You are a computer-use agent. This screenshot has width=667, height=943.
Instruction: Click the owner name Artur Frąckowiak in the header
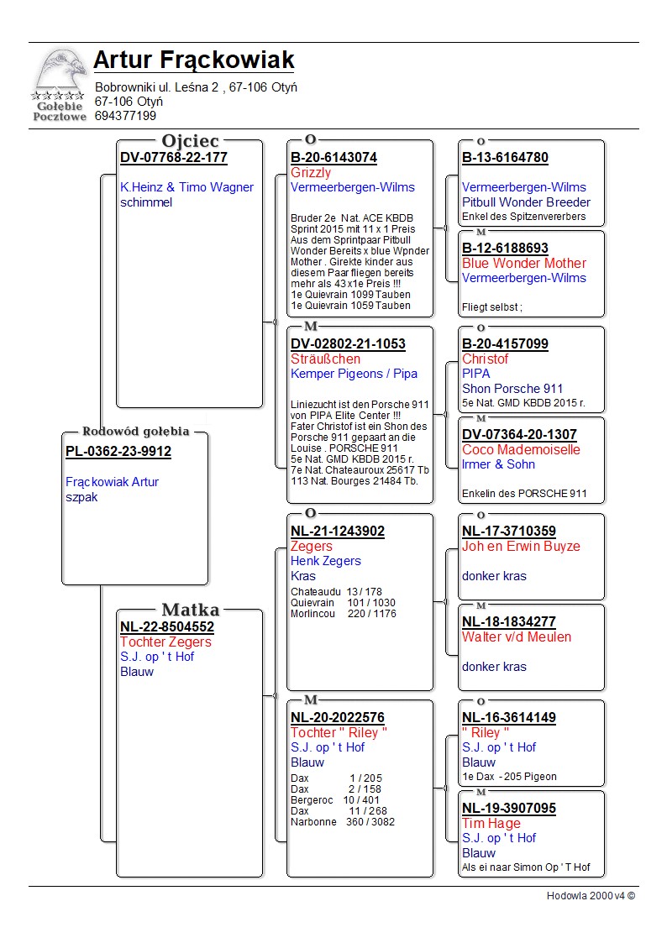pyautogui.click(x=193, y=60)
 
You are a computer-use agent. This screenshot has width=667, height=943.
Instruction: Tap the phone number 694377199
pyautogui.click(x=125, y=116)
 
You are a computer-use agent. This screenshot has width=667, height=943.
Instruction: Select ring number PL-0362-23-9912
pyautogui.click(x=118, y=452)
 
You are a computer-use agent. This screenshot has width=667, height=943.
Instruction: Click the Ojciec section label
pyautogui.click(x=190, y=140)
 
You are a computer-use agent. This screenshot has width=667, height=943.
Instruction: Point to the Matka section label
pyautogui.click(x=190, y=610)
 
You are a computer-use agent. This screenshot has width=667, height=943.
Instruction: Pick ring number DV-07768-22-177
pyautogui.click(x=174, y=158)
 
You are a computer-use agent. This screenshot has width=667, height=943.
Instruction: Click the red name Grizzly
pyautogui.click(x=311, y=173)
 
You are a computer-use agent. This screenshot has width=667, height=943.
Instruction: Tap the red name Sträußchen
pyautogui.click(x=325, y=359)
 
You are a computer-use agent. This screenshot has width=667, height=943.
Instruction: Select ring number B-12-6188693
pyautogui.click(x=505, y=249)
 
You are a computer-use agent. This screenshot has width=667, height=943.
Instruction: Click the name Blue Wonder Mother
pyautogui.click(x=524, y=264)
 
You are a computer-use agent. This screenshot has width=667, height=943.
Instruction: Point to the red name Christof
pyautogui.click(x=485, y=359)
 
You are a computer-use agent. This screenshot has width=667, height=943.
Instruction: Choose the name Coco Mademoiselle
pyautogui.click(x=521, y=450)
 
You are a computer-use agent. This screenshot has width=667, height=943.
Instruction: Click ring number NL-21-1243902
pyautogui.click(x=338, y=532)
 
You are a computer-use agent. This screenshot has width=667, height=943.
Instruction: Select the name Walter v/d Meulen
pyautogui.click(x=516, y=637)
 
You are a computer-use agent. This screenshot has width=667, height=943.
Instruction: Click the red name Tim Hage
pyautogui.click(x=491, y=824)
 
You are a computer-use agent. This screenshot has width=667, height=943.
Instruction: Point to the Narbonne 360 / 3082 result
pyautogui.click(x=342, y=822)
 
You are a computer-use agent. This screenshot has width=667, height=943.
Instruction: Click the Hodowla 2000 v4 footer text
pyautogui.click(x=591, y=896)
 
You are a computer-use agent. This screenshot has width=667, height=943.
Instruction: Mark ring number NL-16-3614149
pyautogui.click(x=508, y=718)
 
